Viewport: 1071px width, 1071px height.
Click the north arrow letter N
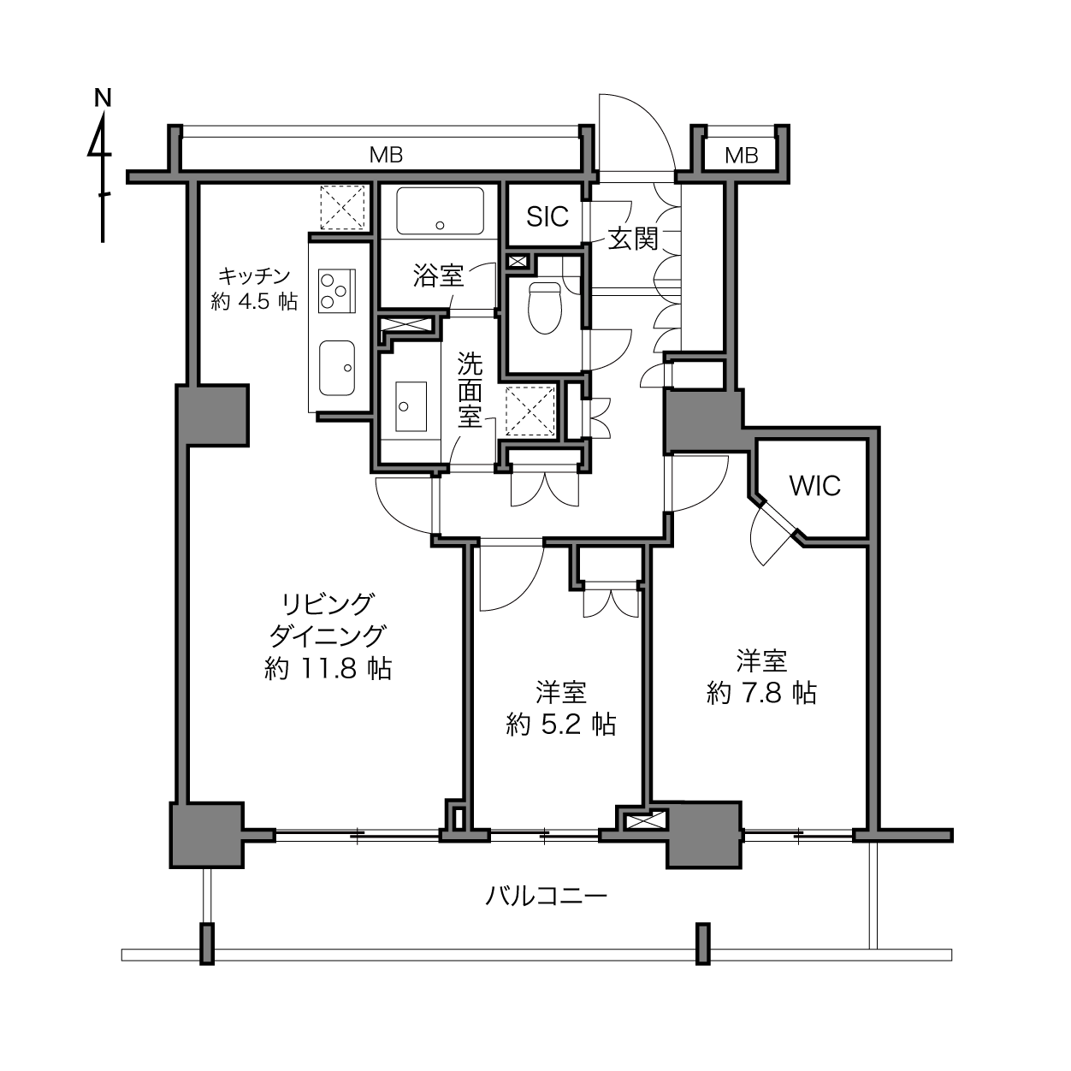tap(103, 98)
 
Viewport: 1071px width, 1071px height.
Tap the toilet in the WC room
tap(545, 308)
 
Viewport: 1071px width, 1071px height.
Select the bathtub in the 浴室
tap(440, 210)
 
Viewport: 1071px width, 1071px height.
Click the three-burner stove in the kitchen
tap(337, 291)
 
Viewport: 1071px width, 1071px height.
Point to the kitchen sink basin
tap(337, 368)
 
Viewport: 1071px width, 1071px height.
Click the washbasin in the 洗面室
tap(411, 406)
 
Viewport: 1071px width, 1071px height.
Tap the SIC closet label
tap(547, 216)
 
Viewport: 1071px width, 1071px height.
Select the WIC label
tap(814, 487)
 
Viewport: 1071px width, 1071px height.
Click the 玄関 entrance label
tap(633, 239)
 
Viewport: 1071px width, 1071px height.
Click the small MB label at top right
tap(742, 156)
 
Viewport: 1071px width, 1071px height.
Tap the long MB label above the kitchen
tap(386, 155)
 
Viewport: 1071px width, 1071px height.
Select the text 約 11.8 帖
tap(328, 669)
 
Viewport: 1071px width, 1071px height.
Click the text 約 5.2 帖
tap(561, 725)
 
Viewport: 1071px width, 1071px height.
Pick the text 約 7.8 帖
tap(761, 693)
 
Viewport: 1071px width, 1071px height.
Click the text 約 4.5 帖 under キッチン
tap(255, 301)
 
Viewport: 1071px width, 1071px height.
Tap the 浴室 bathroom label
tap(439, 275)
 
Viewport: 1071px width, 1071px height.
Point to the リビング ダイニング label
tap(328, 619)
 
